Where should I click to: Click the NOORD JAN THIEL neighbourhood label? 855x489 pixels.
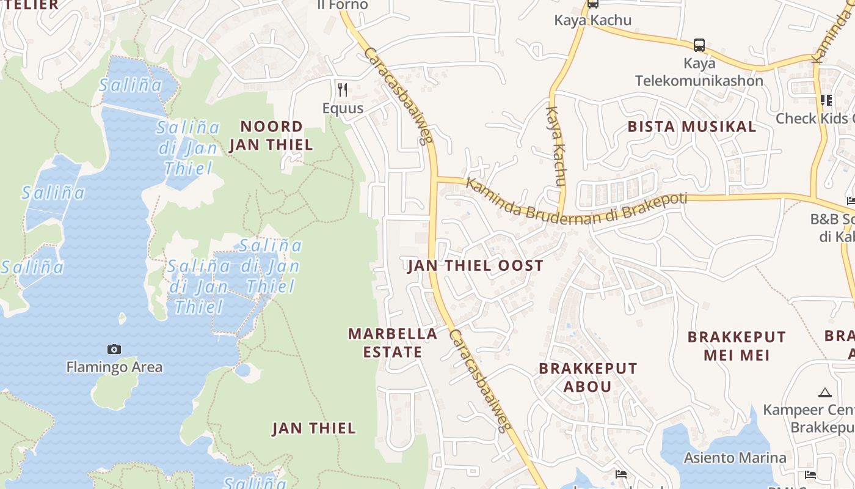(271, 136)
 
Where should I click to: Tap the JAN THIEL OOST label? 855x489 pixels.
(475, 265)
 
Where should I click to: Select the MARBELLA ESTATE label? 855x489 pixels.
(393, 343)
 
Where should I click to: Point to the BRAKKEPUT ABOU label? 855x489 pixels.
(588, 377)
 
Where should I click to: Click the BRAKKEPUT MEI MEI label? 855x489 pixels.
(737, 346)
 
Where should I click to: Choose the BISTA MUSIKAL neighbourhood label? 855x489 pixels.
(692, 127)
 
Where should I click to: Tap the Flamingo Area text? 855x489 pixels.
(114, 367)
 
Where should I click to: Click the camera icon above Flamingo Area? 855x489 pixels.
(114, 350)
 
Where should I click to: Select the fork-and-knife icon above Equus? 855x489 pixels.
(343, 90)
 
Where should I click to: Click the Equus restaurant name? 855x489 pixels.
(343, 109)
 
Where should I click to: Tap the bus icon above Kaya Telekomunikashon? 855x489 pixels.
(699, 45)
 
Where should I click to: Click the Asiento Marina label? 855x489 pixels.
(735, 458)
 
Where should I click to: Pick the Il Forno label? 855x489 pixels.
(343, 5)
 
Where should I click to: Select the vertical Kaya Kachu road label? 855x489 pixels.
(556, 147)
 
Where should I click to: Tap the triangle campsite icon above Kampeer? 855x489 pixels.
(825, 392)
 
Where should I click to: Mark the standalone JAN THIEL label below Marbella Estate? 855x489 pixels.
(314, 428)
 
